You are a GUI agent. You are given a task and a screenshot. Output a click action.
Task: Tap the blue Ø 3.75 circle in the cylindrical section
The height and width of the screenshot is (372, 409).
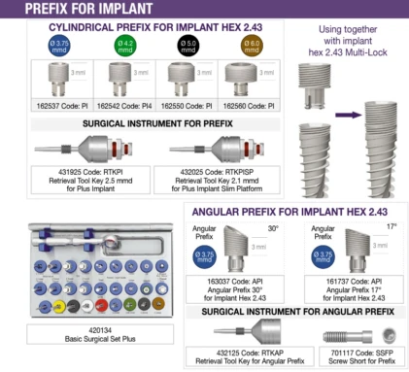point(59,45)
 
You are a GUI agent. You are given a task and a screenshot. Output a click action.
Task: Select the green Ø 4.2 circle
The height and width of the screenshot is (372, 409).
point(125,45)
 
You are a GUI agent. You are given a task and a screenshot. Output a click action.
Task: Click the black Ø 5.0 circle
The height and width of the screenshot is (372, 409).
point(183,45)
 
